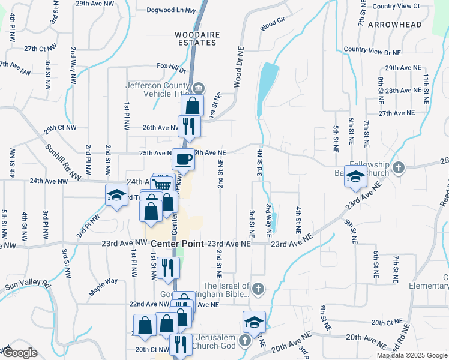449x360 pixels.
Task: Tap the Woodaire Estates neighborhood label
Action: click(196, 38)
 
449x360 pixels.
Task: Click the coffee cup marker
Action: click(183, 160)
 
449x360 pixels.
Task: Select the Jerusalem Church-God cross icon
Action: click(244, 341)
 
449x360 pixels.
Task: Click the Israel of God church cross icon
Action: click(258, 289)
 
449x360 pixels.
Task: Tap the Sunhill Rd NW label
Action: click(63, 163)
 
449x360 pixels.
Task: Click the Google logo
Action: click(20, 352)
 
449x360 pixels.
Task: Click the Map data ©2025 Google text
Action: click(411, 355)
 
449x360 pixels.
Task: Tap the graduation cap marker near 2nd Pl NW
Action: click(116, 195)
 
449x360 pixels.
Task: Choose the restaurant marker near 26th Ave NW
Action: click(188, 125)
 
